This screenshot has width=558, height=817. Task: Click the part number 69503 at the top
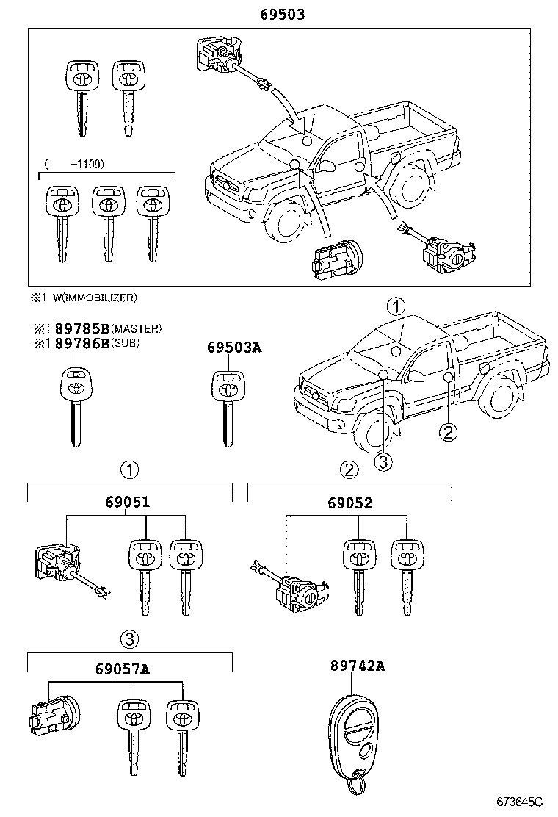pos(282,14)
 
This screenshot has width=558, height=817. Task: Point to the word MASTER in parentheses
pos(141,329)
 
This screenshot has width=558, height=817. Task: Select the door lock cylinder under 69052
pos(294,589)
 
